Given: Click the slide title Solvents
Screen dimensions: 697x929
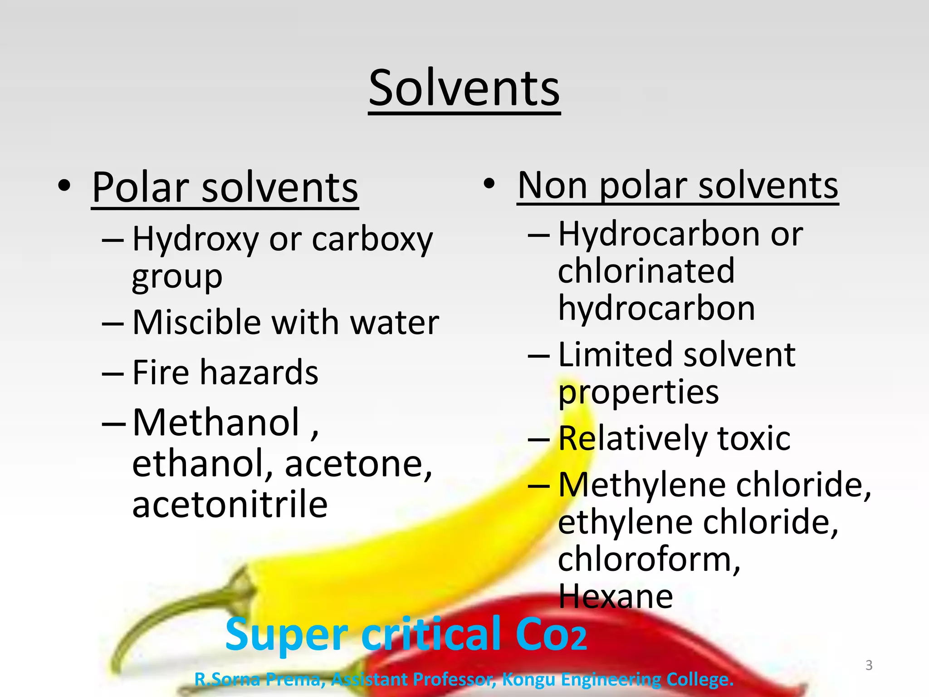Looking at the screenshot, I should coord(464,88).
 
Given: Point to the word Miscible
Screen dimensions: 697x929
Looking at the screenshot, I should coord(196,322).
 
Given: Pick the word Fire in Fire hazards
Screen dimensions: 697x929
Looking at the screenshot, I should coord(160,372).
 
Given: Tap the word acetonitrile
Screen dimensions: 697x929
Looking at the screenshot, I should coord(230,505).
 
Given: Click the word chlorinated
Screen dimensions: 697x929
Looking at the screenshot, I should coord(646,271).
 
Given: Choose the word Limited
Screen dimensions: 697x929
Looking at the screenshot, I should coord(616,354).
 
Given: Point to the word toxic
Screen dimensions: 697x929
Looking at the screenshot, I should coord(754,438).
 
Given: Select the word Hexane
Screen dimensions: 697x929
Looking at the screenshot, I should coord(616,596).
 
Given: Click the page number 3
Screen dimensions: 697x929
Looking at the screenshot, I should coord(869,665).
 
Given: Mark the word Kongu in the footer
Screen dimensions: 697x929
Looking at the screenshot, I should coord(528,680).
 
